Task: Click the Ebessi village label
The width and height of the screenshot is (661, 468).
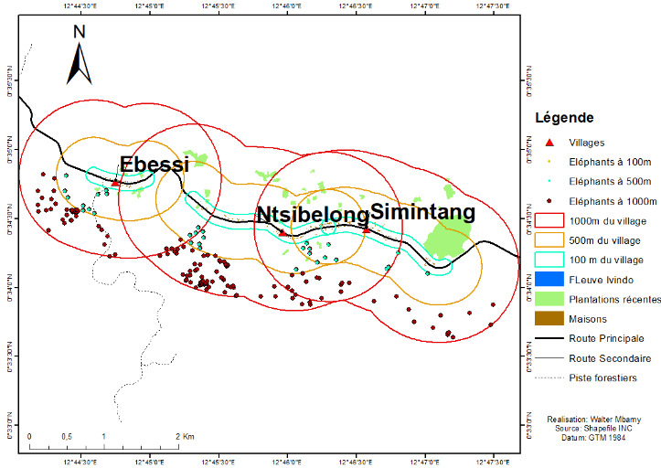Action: [155, 165]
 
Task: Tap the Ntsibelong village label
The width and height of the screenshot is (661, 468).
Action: [312, 215]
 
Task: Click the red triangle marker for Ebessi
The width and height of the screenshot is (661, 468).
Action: [115, 183]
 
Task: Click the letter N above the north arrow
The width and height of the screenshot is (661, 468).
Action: [80, 31]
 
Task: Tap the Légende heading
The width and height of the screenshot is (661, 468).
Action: [564, 118]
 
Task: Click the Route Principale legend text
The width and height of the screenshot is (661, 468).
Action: [606, 338]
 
